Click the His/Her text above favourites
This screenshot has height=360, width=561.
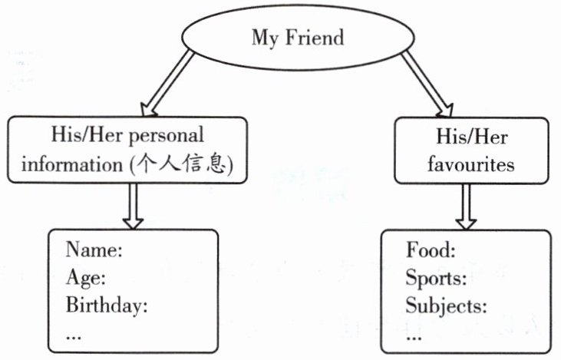tap(470, 137)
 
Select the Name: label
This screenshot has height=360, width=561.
tap(94, 249)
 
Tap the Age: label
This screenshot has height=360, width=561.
tap(85, 277)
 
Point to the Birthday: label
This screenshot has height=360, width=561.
tap(106, 306)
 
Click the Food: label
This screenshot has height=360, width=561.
tap(431, 249)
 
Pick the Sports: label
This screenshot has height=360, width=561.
tap(436, 277)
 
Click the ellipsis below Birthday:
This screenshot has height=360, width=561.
tap(74, 335)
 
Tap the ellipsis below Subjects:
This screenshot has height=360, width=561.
tap(414, 335)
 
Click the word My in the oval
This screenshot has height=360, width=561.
tap(264, 38)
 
